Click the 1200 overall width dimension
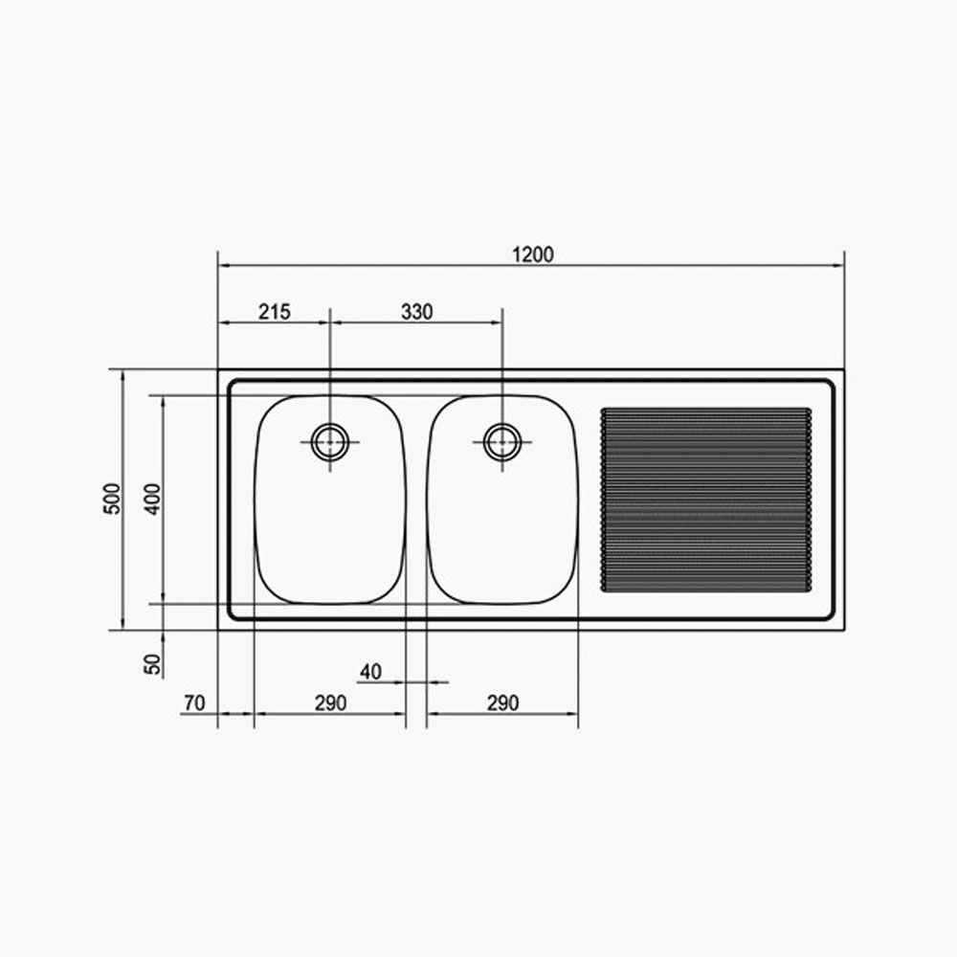click(x=533, y=255)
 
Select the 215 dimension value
click(x=275, y=312)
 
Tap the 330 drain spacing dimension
click(x=417, y=312)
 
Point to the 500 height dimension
click(x=112, y=499)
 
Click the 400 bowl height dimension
click(x=152, y=499)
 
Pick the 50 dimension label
click(x=152, y=664)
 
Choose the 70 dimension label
click(x=194, y=703)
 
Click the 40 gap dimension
click(x=370, y=672)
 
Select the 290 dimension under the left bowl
click(x=330, y=703)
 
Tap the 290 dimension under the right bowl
click(x=503, y=703)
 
